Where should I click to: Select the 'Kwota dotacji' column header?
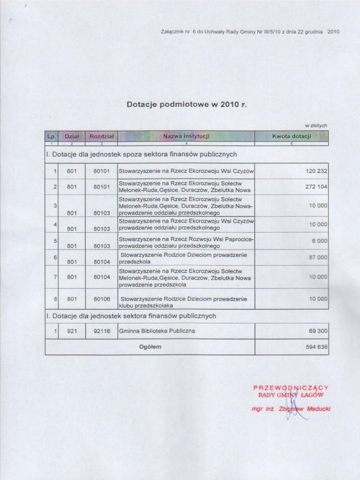[291, 137]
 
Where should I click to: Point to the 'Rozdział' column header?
[102, 137]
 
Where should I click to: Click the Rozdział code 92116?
[101, 331]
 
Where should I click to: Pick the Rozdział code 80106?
[101, 298]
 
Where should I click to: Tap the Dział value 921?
[72, 331]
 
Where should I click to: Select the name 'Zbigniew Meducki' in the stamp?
[305, 409]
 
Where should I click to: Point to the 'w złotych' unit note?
[316, 125]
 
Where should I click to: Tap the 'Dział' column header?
[72, 137]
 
